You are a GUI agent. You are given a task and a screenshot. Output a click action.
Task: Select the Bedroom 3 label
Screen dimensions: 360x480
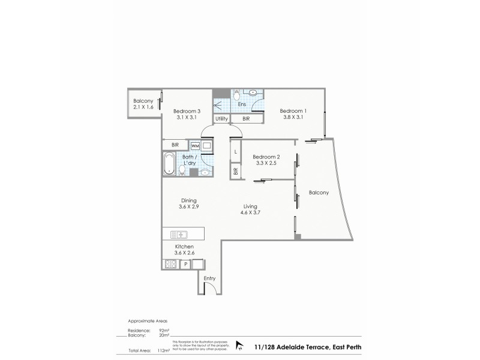pyautogui.click(x=186, y=111)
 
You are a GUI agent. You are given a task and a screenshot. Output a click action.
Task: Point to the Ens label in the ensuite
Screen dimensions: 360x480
pyautogui.click(x=241, y=104)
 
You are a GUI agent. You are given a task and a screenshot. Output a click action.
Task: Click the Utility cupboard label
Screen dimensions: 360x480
pyautogui.click(x=222, y=119)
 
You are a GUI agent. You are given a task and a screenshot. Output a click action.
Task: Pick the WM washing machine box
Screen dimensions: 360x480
pyautogui.click(x=195, y=146)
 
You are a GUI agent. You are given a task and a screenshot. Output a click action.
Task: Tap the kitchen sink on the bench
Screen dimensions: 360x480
pyautogui.click(x=179, y=235)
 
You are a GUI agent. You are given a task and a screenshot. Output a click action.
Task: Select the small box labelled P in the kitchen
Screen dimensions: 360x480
pyautogui.click(x=185, y=264)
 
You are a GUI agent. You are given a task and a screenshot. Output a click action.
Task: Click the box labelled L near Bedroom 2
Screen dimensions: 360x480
pyautogui.click(x=236, y=152)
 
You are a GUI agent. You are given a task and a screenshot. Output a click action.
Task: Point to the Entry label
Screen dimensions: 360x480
pyautogui.click(x=209, y=278)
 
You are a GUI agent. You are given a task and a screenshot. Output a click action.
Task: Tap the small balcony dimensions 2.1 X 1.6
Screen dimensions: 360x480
pyautogui.click(x=143, y=107)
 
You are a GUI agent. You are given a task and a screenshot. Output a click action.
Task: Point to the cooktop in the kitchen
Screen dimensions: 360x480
pyautogui.click(x=167, y=264)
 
